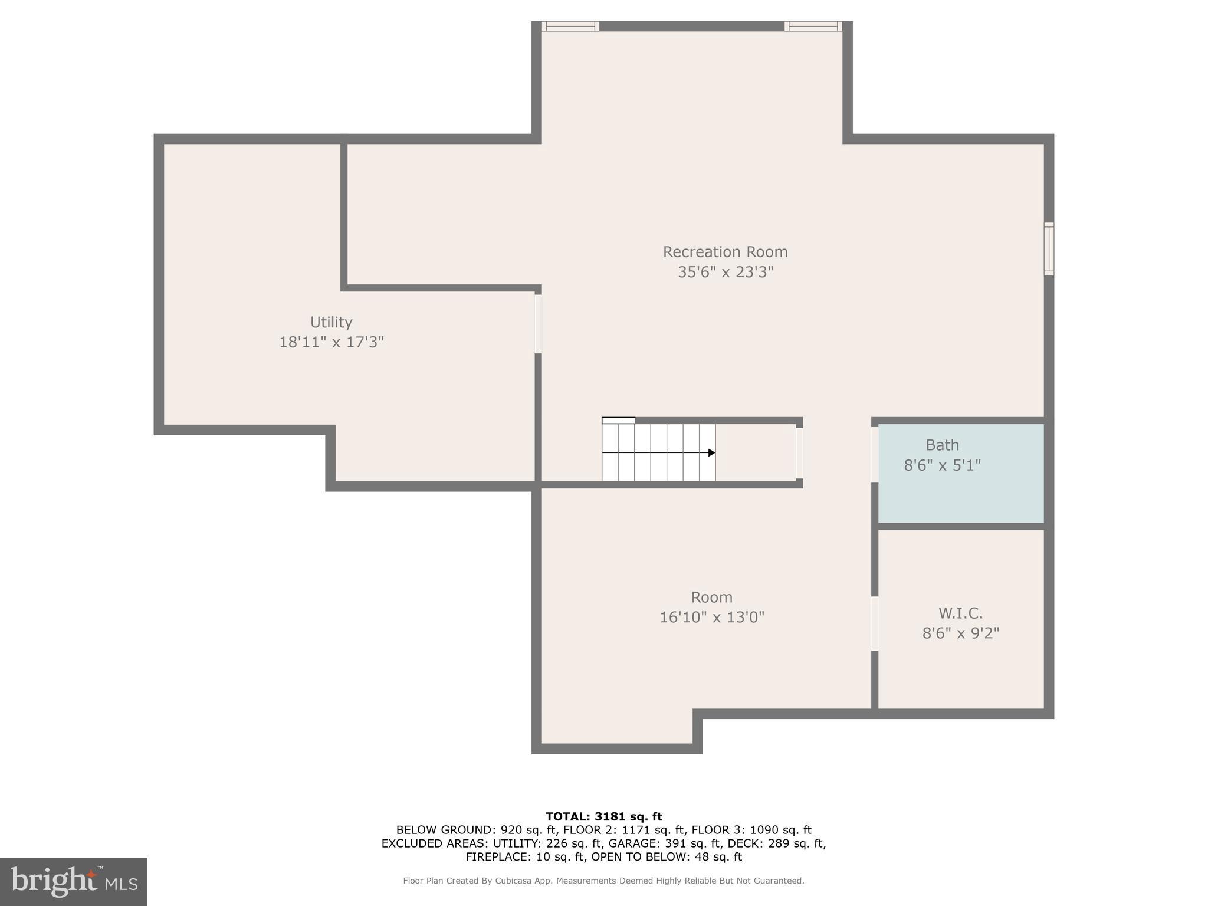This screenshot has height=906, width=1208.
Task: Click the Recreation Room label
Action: coord(725,252)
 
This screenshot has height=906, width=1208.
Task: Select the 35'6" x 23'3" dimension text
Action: coord(725,272)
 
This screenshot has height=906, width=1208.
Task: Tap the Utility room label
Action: coord(331,322)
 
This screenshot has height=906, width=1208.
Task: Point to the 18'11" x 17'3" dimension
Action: coord(331,342)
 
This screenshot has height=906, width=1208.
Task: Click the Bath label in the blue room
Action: coord(942,445)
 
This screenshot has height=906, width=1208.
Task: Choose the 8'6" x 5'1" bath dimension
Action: coord(942,465)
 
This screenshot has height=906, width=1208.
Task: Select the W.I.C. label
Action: coord(960,613)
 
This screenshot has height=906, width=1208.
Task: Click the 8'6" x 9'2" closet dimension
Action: coord(960,633)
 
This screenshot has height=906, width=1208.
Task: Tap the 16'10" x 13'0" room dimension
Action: coord(711,618)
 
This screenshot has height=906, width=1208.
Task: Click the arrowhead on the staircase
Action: coord(712,452)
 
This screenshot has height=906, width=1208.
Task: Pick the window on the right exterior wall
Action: coord(1049,248)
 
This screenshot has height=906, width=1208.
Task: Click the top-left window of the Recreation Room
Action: coord(570,26)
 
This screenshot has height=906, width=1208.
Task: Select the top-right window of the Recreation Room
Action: coord(813,26)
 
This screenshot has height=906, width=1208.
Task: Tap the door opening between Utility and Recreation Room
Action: coord(538,324)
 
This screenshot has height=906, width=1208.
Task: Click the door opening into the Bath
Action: coord(875,454)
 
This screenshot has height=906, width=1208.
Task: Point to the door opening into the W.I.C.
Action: coord(875,623)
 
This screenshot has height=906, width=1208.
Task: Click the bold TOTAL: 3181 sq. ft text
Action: coord(603,816)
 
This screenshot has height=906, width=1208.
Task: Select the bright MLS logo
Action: coord(74,881)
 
